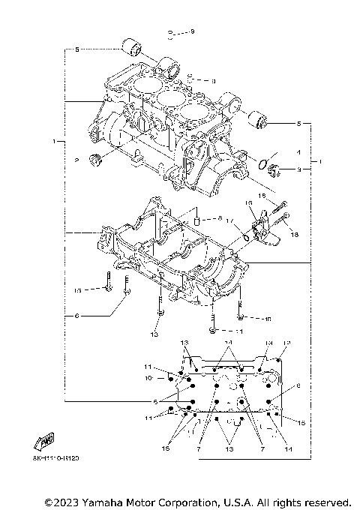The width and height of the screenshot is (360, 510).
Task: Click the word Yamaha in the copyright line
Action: [110, 501]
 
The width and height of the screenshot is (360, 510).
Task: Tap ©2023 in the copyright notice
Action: [61, 501]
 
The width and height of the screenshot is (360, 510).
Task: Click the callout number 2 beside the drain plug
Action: [76, 160]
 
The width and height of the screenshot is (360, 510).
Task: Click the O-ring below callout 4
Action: [264, 164]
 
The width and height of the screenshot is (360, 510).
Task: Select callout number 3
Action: [298, 170]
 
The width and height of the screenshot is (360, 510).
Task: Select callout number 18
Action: [293, 235]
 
